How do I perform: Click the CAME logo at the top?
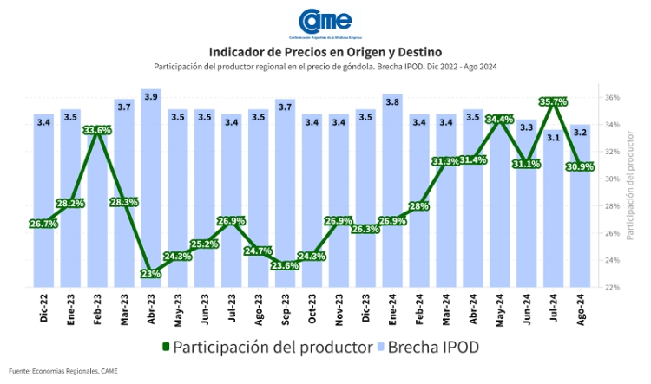[325, 21]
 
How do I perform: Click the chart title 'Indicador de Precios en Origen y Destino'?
[325, 52]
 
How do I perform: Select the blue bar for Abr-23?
[151, 191]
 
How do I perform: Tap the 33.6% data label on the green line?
[97, 130]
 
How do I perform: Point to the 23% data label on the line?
[151, 274]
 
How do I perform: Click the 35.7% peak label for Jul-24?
[553, 101]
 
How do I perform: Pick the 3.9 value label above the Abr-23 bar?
[151, 96]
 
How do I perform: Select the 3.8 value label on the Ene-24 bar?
[392, 101]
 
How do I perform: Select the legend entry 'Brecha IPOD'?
[433, 347]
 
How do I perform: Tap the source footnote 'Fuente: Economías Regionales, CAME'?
[62, 371]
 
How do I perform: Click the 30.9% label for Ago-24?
[580, 166]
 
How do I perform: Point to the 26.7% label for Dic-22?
[43, 223]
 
